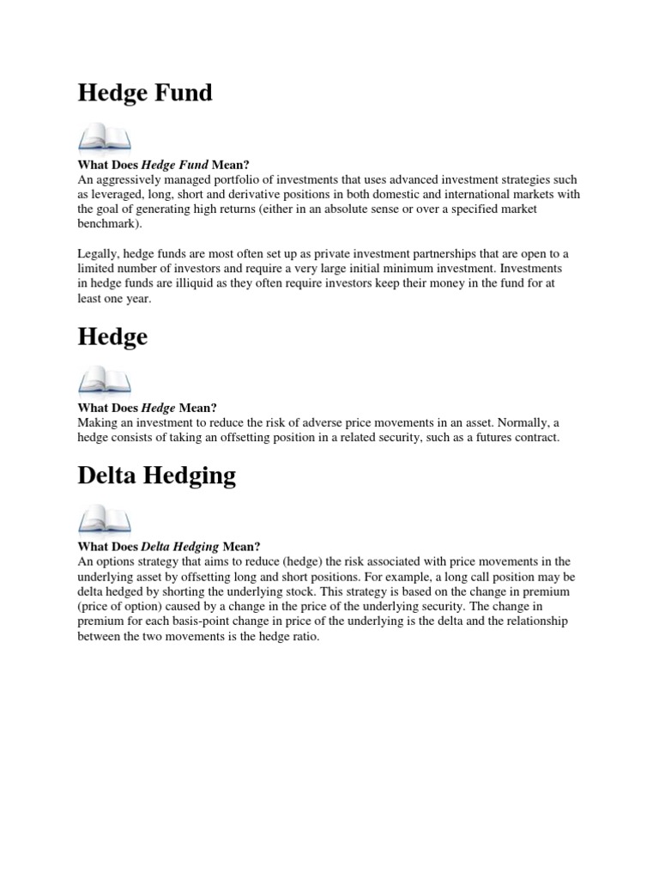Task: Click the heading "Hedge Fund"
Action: pyautogui.click(x=145, y=93)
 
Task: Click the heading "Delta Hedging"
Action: pyautogui.click(x=156, y=476)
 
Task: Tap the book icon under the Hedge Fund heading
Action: pyautogui.click(x=105, y=137)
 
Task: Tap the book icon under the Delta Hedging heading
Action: pyautogui.click(x=105, y=520)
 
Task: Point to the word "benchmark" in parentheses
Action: pyautogui.click(x=110, y=222)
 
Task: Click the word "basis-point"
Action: pyautogui.click(x=200, y=621)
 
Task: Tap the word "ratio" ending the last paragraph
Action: pyautogui.click(x=304, y=636)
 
